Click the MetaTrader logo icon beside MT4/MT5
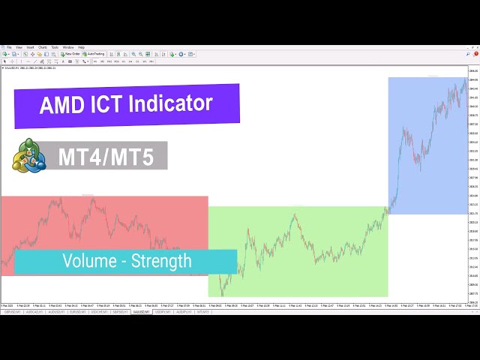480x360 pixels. coord(28,156)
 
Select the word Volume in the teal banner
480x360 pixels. coord(88,262)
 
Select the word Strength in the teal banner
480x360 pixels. coord(161,262)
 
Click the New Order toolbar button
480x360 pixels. coord(71,54)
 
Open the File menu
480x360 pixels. coord(9,47)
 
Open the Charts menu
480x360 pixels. coord(43,47)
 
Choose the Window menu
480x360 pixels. coord(68,47)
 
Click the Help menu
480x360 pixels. coord(81,47)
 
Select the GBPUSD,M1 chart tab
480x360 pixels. coord(12,311)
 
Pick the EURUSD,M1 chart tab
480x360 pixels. coord(77,311)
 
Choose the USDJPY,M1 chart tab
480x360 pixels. coord(163,311)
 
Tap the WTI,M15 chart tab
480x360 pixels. coord(202,311)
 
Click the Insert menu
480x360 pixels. coord(31,47)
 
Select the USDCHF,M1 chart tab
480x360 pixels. coord(98,311)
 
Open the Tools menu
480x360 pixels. coord(55,47)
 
